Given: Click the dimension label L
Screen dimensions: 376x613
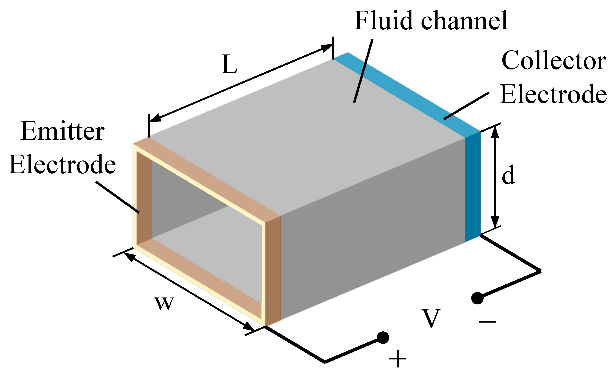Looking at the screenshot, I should [x=229, y=65].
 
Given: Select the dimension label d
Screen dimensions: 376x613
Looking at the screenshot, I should [x=508, y=175].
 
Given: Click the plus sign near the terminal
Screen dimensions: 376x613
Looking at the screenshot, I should [x=398, y=359].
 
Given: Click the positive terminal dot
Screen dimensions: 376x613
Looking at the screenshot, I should [x=383, y=338].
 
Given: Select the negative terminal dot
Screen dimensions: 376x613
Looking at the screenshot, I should [x=477, y=298].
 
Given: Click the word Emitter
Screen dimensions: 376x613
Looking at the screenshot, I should [x=62, y=131].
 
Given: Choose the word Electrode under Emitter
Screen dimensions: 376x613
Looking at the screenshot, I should [x=62, y=164].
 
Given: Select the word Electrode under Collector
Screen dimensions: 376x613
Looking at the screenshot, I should [x=554, y=94].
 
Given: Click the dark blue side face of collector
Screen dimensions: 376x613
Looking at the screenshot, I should [x=473, y=187].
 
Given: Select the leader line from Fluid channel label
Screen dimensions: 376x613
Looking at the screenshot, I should [x=363, y=71].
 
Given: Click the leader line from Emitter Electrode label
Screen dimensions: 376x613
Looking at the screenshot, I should [x=117, y=197].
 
